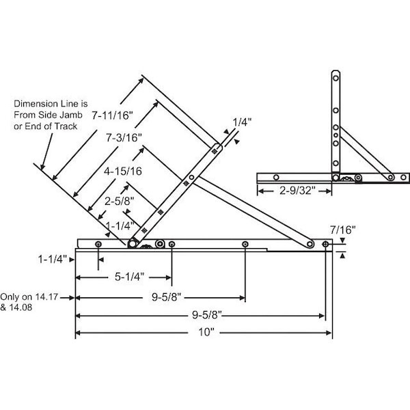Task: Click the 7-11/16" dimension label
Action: click(x=113, y=115)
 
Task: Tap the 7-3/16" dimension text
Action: click(x=124, y=137)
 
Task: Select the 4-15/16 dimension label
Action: click(x=123, y=172)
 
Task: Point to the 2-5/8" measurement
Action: click(x=119, y=201)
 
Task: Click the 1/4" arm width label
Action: click(x=242, y=122)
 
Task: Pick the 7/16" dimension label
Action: click(x=342, y=230)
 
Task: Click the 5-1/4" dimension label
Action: click(x=129, y=277)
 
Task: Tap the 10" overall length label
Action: click(x=206, y=332)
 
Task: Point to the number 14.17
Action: click(x=46, y=297)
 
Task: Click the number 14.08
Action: click(x=20, y=307)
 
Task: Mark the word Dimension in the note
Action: click(x=36, y=104)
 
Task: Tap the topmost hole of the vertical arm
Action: click(x=336, y=78)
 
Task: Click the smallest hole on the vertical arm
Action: click(x=336, y=135)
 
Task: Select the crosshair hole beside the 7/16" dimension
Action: click(x=325, y=244)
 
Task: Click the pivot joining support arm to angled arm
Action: click(x=191, y=177)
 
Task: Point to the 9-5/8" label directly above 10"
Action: click(x=206, y=314)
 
